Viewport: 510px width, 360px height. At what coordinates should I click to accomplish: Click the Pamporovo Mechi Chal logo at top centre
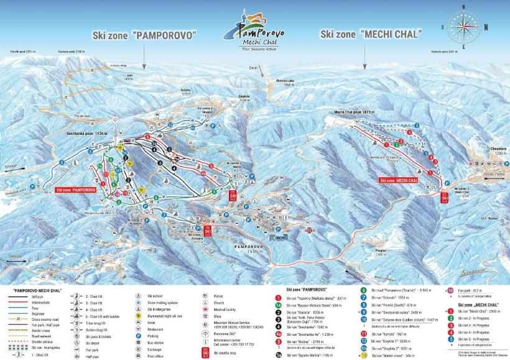click(256, 34)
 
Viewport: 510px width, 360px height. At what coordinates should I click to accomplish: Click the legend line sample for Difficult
click(19, 297)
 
